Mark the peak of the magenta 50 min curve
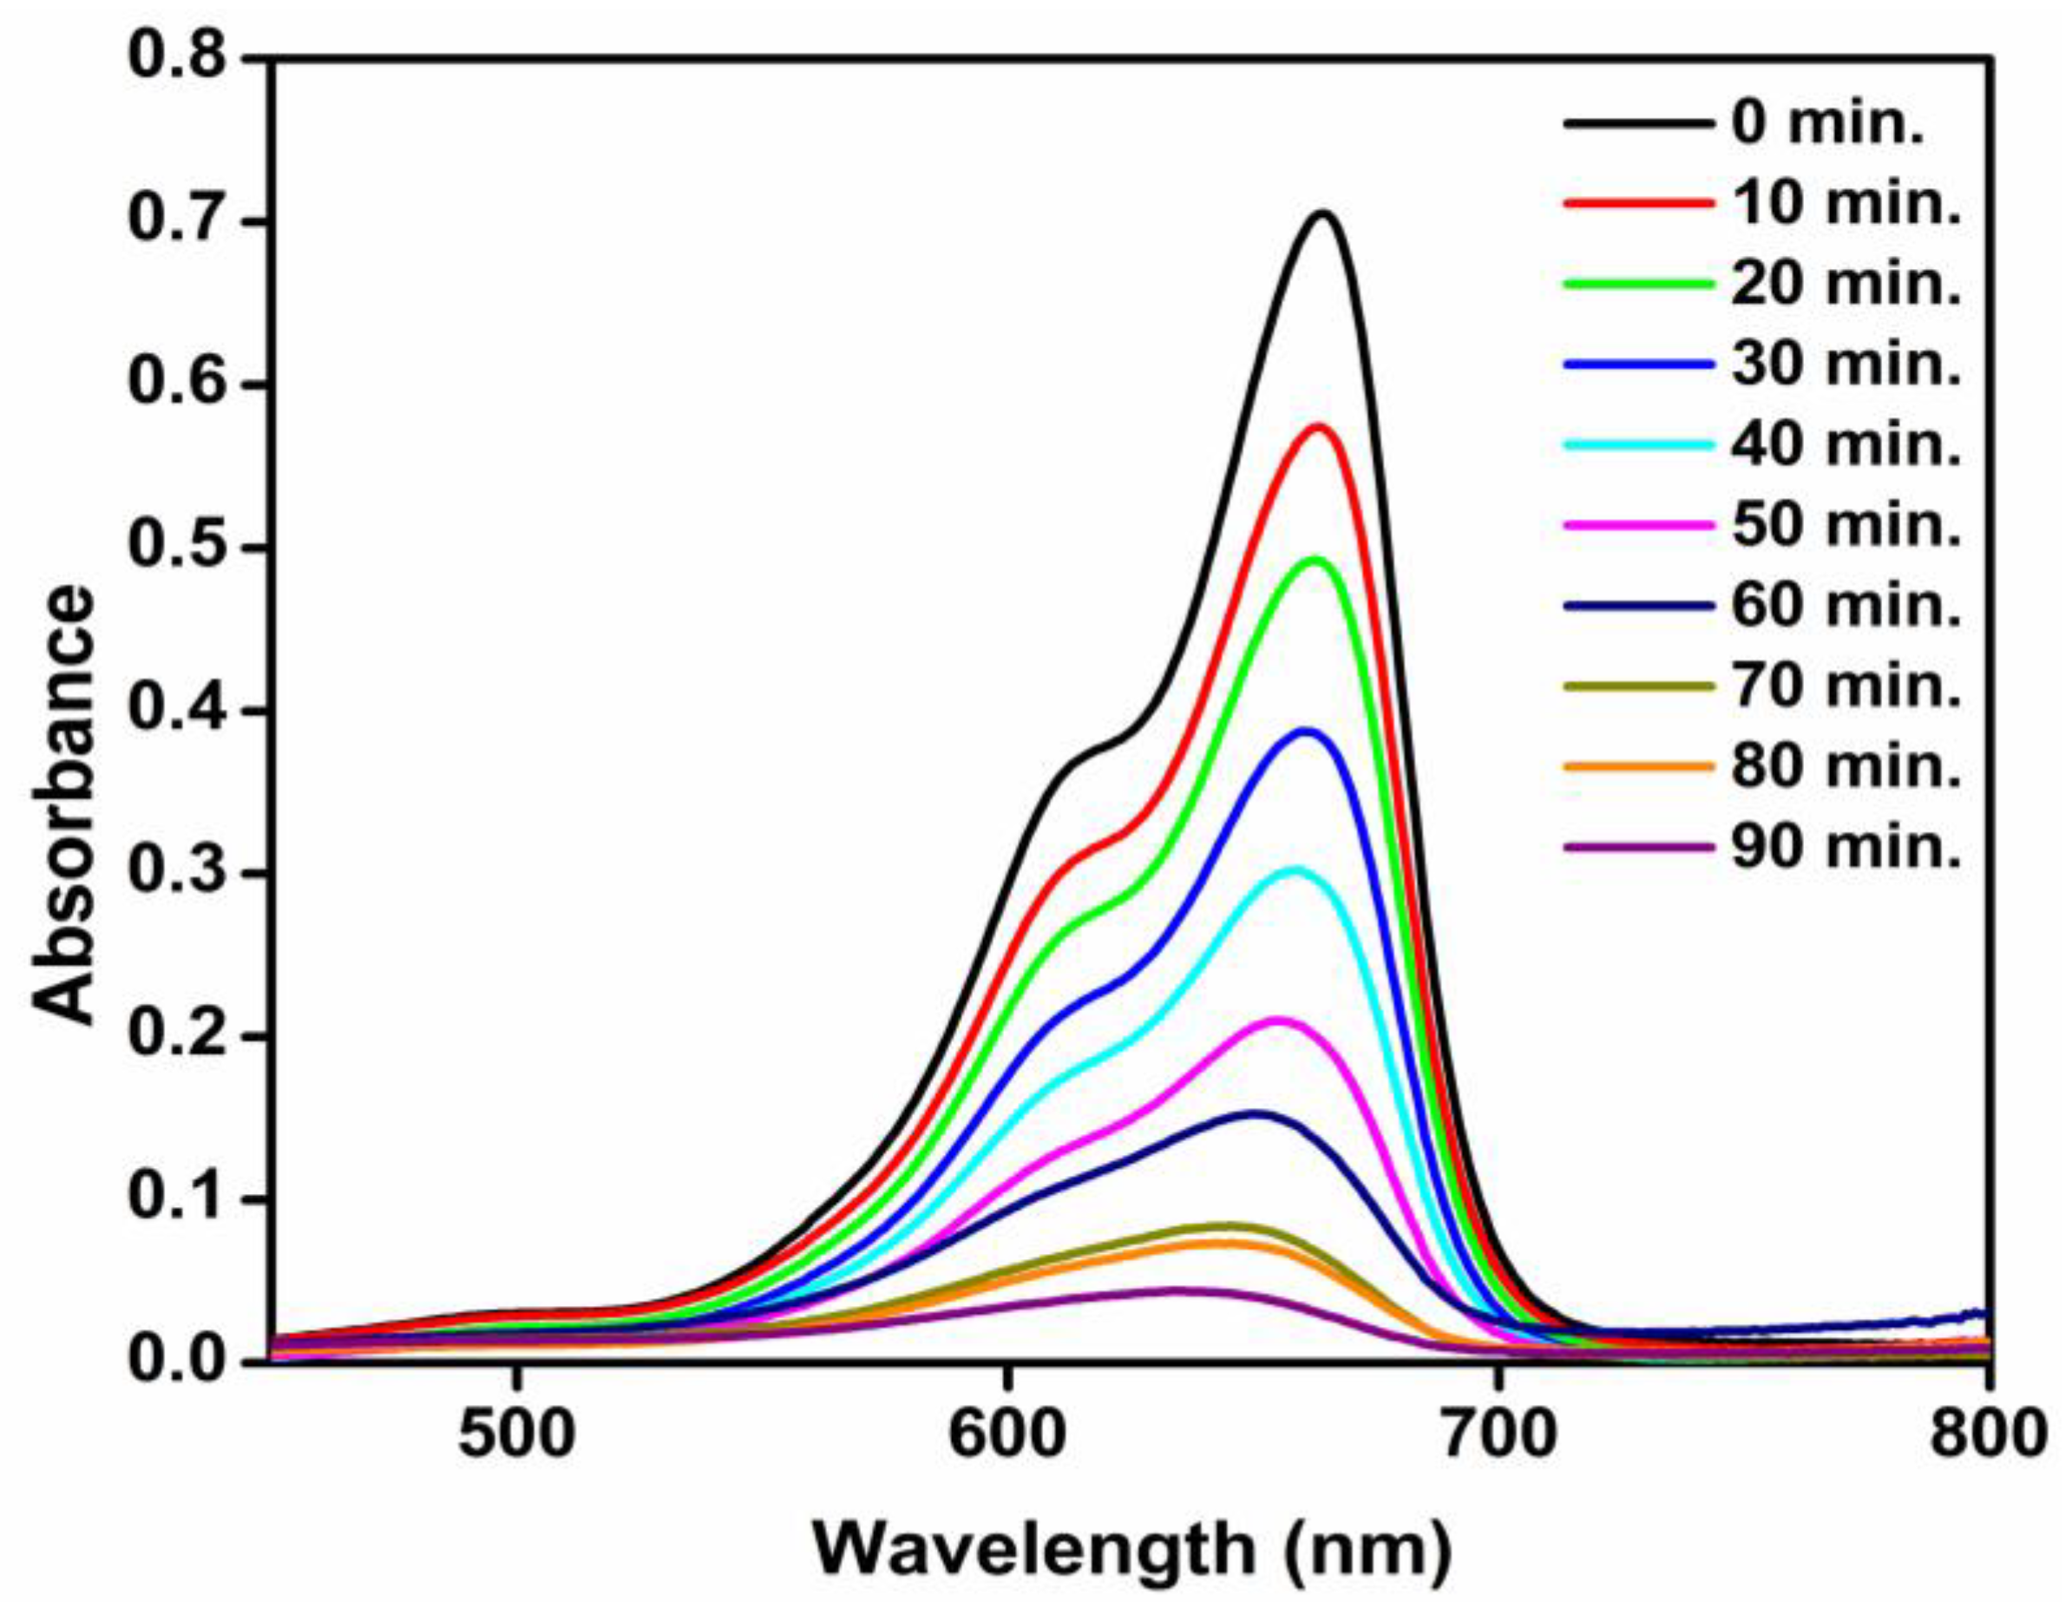(1278, 1021)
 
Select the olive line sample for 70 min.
(1638, 686)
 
